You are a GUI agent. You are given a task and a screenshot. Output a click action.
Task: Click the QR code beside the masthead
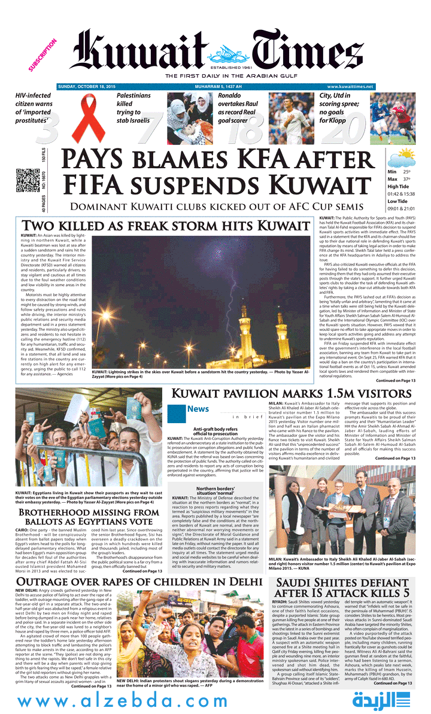point(25,180)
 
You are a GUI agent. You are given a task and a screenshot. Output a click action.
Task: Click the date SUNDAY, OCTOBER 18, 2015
point(86,87)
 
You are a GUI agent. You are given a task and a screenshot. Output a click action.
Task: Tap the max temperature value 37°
point(406,179)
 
